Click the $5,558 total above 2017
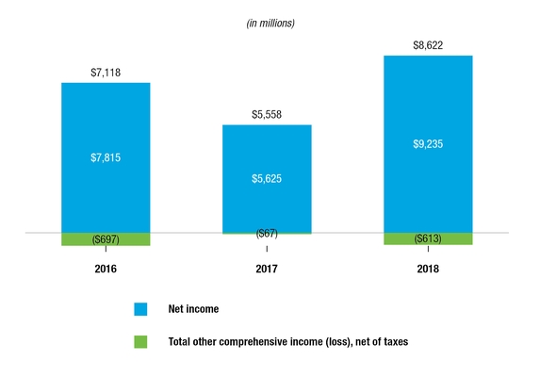pos(267,115)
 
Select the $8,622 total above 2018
pos(428,45)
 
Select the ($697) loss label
pos(106,239)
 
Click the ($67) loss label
pos(267,233)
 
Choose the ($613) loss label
pos(428,239)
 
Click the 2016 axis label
pos(106,269)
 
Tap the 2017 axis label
pos(267,269)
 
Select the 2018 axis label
pos(428,269)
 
